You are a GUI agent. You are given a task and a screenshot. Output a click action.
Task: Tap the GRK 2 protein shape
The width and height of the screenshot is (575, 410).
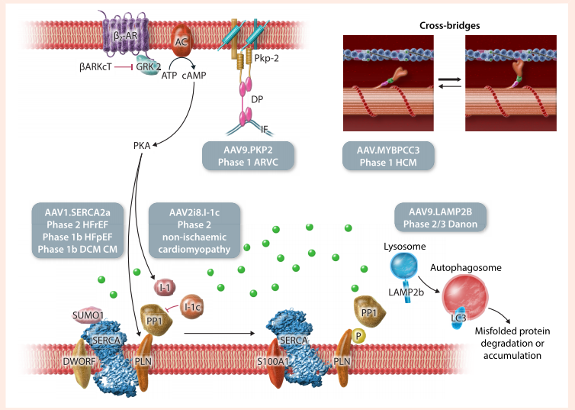148,66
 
